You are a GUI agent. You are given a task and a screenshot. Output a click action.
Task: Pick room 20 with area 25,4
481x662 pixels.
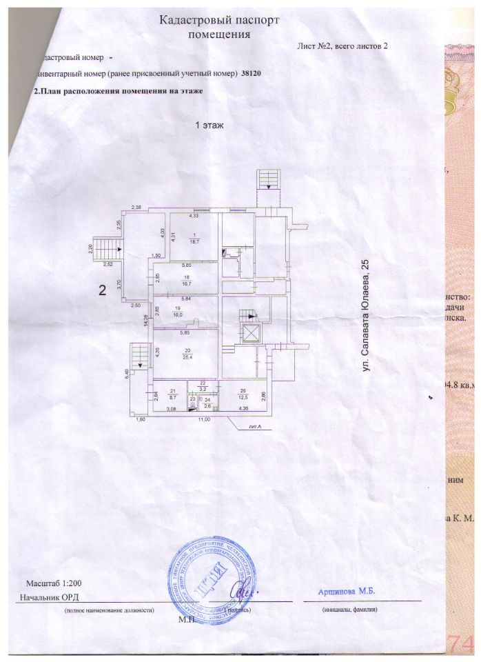pyautogui.click(x=185, y=354)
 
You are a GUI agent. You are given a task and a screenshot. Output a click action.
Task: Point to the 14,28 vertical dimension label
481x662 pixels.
pyautogui.click(x=145, y=320)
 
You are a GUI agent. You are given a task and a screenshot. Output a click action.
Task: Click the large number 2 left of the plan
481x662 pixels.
pyautogui.click(x=102, y=290)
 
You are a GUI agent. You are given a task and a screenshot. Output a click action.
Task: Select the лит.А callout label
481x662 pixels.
pyautogui.click(x=255, y=428)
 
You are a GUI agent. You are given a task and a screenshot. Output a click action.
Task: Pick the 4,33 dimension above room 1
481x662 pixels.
pyautogui.click(x=184, y=216)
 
